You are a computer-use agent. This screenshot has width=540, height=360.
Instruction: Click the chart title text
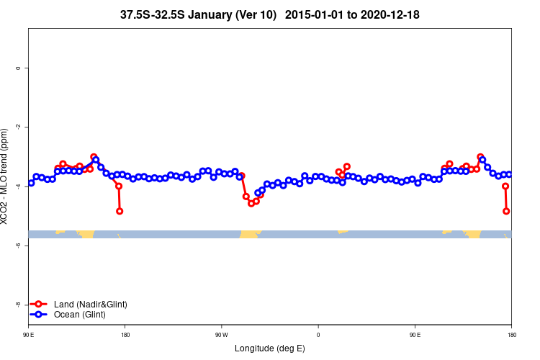[x=270, y=14]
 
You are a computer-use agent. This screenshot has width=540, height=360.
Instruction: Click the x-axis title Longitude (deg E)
[x=270, y=348]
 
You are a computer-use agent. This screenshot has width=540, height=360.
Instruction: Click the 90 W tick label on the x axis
[x=221, y=335]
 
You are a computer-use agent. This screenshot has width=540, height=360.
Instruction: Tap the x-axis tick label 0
[x=318, y=335]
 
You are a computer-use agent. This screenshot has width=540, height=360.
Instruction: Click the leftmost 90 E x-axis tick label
[x=28, y=335]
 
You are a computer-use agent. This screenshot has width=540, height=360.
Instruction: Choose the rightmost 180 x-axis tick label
[x=511, y=335]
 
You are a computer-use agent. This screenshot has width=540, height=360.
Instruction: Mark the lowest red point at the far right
[x=506, y=211]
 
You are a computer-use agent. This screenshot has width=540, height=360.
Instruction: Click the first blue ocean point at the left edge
[x=31, y=183]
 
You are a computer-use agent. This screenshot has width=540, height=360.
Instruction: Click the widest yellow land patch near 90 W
[x=250, y=234]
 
